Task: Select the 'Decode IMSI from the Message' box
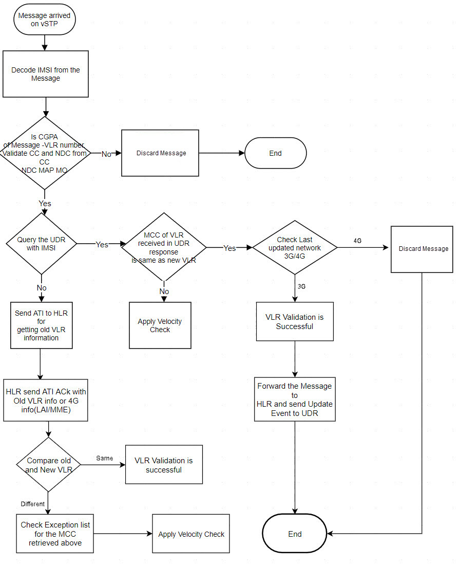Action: point(46,74)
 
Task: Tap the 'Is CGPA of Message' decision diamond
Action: point(45,153)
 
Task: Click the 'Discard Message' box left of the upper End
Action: point(160,153)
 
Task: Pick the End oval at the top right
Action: point(276,153)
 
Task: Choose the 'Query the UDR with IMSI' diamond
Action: point(42,244)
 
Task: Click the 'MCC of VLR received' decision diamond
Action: point(164,248)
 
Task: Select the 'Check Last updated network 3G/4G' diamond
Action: point(295,248)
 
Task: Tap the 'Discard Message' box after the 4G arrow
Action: point(422,249)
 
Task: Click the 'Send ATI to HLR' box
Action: point(42,325)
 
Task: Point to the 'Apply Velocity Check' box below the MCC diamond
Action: point(160,325)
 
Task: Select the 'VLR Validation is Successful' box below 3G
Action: point(295,322)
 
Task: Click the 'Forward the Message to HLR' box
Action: point(295,399)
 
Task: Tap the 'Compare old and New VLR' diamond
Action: point(49,465)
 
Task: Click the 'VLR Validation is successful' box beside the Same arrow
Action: point(164,465)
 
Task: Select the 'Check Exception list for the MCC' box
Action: point(55,534)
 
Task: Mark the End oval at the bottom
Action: point(295,534)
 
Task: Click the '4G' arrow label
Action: point(358,241)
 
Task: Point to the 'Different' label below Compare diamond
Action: point(33,504)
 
